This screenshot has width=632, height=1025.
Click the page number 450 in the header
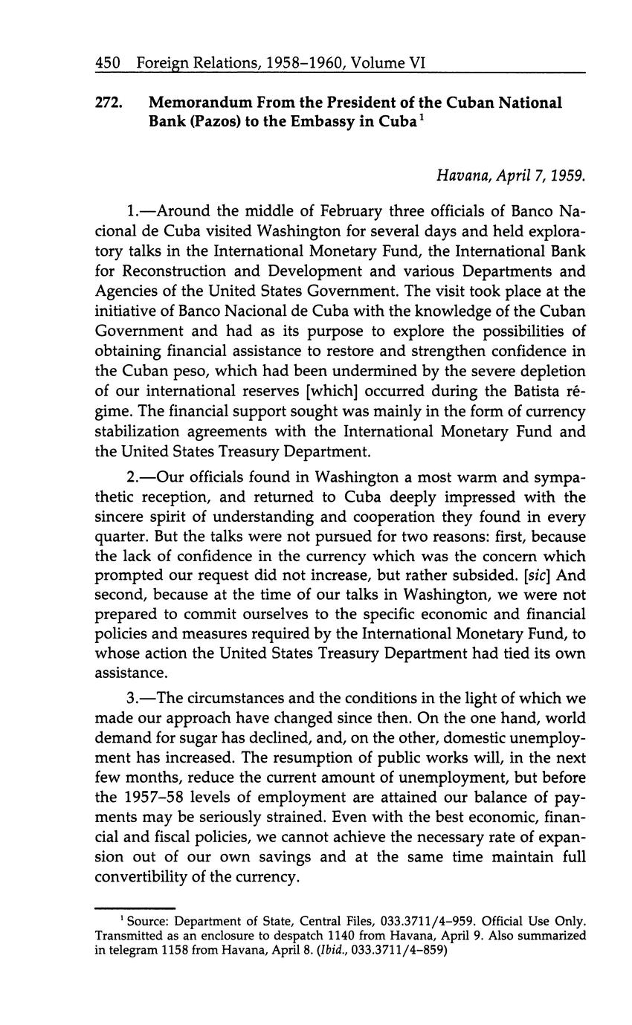(x=108, y=64)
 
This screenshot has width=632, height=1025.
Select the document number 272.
(x=109, y=103)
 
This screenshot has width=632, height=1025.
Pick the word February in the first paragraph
(x=320, y=211)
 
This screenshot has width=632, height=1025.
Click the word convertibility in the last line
(x=145, y=878)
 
